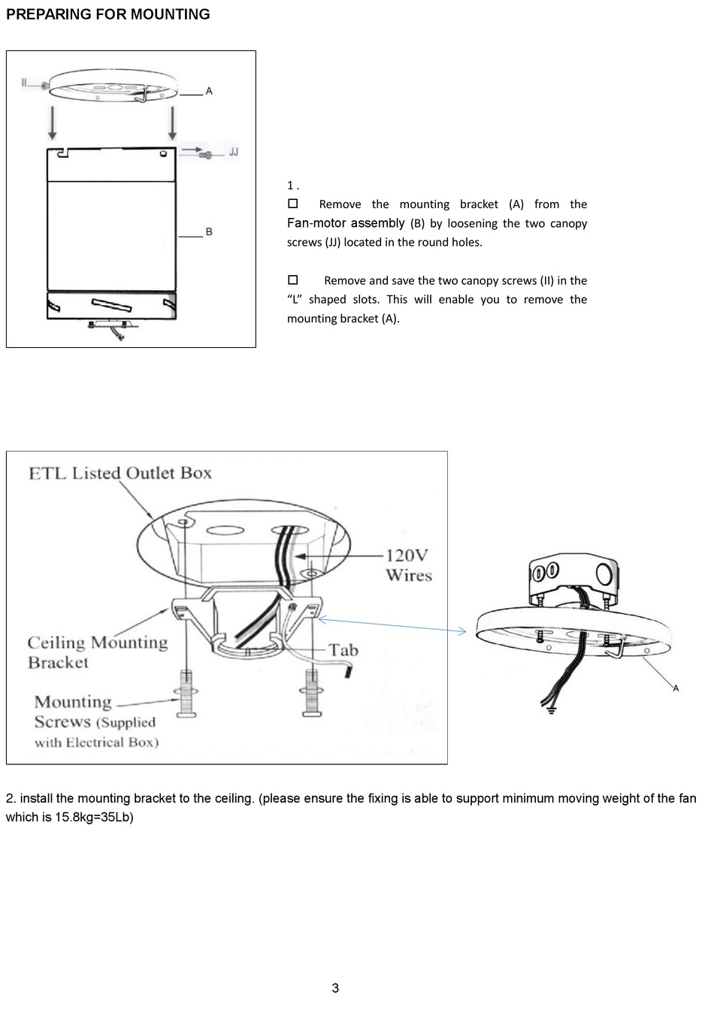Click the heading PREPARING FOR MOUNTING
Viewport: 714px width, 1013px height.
107,14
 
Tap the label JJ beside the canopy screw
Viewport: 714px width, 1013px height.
233,153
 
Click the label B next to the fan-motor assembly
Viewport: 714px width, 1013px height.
209,231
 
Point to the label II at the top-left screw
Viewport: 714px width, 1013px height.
26,83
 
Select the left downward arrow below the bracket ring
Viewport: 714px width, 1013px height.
52,122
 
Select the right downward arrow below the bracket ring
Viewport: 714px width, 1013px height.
172,122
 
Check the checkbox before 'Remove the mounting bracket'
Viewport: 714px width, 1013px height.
293,204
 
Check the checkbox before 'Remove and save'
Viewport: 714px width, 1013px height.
293,280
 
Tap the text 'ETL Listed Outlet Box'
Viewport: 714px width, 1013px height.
120,473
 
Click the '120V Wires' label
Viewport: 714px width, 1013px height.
408,565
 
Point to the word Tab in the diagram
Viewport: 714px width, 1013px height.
343,650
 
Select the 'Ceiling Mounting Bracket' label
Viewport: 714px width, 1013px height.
97,652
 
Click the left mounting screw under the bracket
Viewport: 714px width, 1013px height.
184,693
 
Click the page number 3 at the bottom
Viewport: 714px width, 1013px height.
335,988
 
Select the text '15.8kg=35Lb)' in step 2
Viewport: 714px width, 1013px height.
93,817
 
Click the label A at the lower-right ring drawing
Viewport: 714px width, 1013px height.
676,688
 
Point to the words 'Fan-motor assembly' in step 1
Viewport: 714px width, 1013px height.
346,223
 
